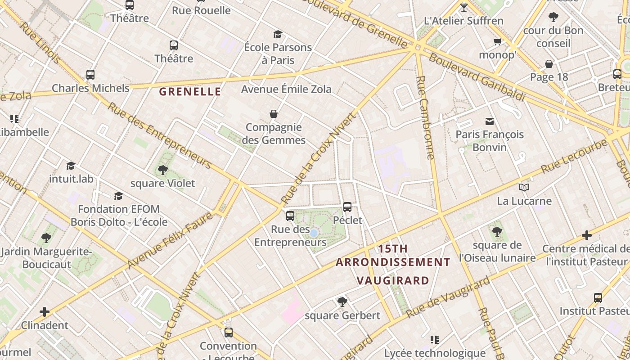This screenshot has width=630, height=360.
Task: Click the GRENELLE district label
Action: [190, 92]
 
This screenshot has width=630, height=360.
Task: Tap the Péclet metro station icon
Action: [347, 207]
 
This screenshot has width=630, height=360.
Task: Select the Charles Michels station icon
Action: [90, 75]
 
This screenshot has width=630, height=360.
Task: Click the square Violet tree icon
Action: [163, 170]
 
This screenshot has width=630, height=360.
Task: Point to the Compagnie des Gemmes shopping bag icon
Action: [273, 114]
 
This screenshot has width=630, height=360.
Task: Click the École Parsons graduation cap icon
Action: [278, 34]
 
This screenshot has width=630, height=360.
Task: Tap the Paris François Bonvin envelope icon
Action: [489, 121]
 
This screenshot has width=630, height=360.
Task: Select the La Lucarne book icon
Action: [524, 187]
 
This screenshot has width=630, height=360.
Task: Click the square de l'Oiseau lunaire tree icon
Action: [497, 232]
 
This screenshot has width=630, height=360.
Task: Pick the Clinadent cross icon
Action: [45, 311]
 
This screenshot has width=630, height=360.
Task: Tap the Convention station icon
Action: [229, 333]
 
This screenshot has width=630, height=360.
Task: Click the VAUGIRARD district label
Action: [393, 281]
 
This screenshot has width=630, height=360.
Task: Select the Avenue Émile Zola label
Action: [286, 89]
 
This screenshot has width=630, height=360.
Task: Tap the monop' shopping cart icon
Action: [497, 42]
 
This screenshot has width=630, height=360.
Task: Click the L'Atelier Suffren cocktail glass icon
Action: [464, 7]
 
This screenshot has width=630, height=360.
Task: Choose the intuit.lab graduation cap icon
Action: [71, 166]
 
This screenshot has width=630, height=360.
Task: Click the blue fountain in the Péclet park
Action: [314, 233]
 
